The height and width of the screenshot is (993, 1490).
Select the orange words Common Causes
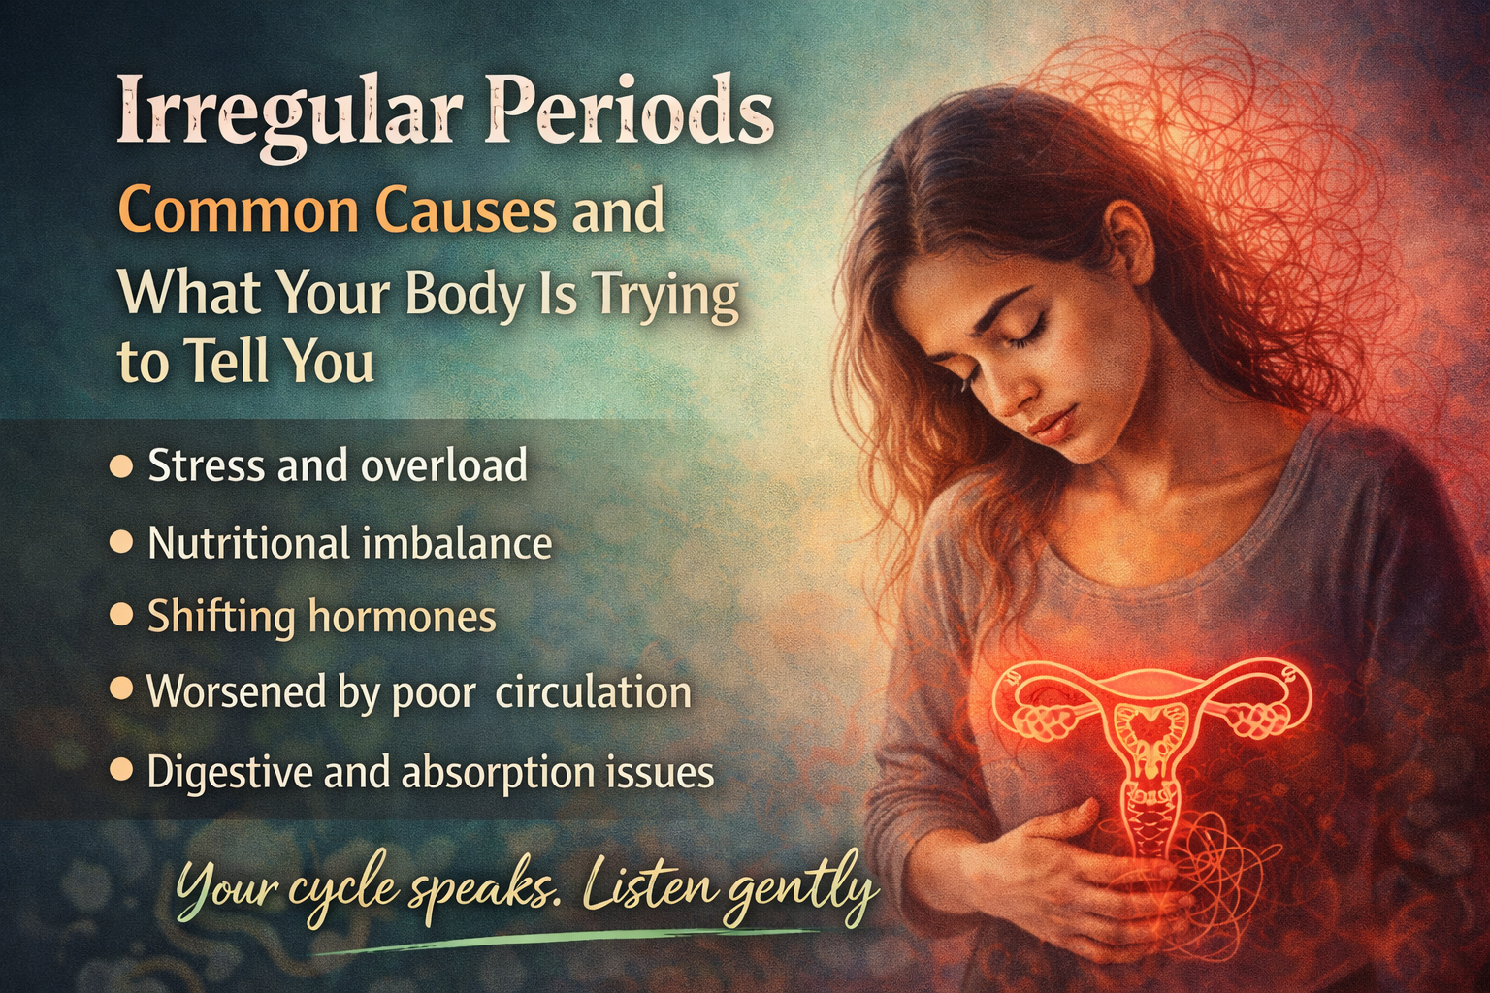338,210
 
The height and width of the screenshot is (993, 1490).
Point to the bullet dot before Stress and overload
121,466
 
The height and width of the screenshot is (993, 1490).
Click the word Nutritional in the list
248,543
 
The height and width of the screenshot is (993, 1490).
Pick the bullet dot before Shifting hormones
121,616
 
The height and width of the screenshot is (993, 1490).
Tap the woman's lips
1050,424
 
